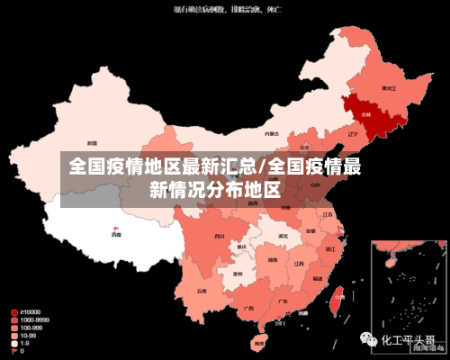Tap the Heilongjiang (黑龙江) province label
[389, 88]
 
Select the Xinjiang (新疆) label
[92, 143]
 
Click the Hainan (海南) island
[259, 341]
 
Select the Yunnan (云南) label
[199, 291]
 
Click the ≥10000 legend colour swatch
[13, 312]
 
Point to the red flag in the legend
[13, 350]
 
